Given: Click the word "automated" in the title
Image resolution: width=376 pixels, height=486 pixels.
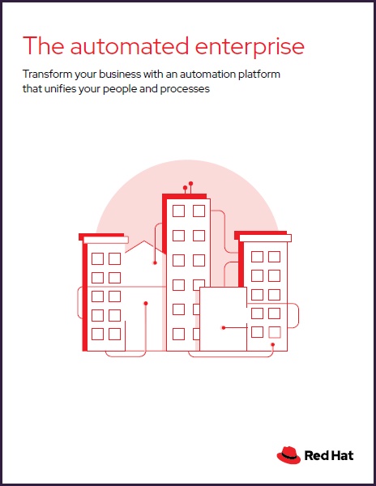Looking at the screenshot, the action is pyautogui.click(x=130, y=46).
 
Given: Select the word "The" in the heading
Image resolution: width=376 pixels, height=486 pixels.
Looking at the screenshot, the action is pyautogui.click(x=44, y=45).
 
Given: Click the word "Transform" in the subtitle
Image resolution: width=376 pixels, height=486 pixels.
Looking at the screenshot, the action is pyautogui.click(x=47, y=74).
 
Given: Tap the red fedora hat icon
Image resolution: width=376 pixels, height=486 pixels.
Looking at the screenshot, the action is pyautogui.click(x=288, y=455).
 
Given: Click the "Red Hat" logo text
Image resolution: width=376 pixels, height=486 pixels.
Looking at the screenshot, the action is pyautogui.click(x=329, y=455).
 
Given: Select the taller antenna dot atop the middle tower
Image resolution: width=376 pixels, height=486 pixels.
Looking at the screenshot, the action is pyautogui.click(x=190, y=184).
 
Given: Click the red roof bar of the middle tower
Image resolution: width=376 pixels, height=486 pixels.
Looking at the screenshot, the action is pyautogui.click(x=184, y=197).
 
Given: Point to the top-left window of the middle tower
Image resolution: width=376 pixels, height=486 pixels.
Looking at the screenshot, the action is pyautogui.click(x=178, y=211).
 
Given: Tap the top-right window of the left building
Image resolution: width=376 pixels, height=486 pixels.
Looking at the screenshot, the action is pyautogui.click(x=115, y=259).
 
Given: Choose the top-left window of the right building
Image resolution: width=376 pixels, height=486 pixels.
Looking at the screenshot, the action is pyautogui.click(x=257, y=257).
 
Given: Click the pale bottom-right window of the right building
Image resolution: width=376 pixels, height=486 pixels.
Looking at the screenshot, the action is pyautogui.click(x=275, y=332).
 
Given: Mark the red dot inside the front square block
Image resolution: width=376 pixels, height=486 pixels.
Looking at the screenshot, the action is pyautogui.click(x=224, y=327).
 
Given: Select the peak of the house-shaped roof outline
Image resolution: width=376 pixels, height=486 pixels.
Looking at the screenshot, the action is pyautogui.click(x=143, y=241).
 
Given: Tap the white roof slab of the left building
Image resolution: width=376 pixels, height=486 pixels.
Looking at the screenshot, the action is pyautogui.click(x=106, y=240).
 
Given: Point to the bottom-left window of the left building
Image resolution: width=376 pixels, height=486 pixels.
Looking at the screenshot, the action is pyautogui.click(x=97, y=334).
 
